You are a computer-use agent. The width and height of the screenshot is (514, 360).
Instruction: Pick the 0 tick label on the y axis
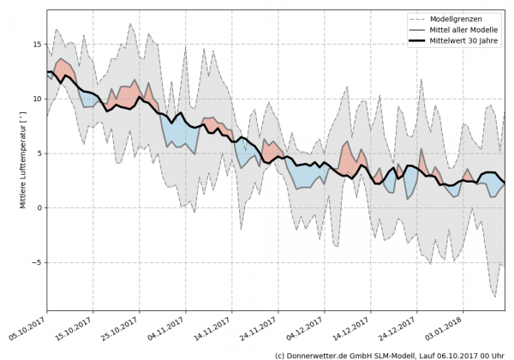pyautogui.click(x=39, y=207)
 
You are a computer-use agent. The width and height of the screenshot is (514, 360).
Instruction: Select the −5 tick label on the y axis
pyautogui.click(x=36, y=262)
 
